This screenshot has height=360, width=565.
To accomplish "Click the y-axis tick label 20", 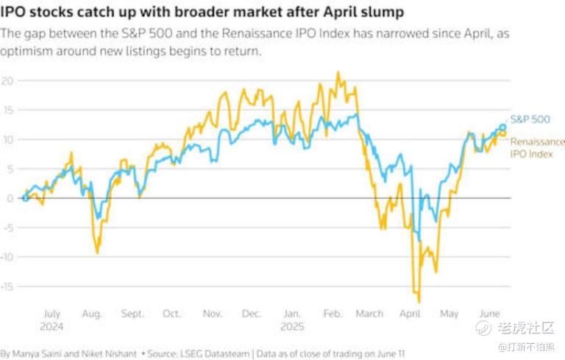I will point(7,80).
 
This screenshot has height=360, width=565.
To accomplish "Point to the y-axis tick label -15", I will point(7,286).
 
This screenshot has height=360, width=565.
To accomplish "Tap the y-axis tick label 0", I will point(10,198).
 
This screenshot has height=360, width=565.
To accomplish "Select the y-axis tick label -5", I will point(7,227).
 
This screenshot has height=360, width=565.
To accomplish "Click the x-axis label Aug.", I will point(91,314).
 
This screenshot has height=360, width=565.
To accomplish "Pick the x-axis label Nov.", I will point(212,314).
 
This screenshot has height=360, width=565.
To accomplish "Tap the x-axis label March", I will point(369,314).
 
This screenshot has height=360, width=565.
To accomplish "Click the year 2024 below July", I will point(53,326).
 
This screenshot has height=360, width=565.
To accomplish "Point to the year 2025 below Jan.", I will point(292,326).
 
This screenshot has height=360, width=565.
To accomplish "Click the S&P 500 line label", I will point(530,119).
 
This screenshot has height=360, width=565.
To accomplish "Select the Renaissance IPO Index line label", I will point(537,141).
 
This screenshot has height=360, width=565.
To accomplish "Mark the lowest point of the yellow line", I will point(419,301).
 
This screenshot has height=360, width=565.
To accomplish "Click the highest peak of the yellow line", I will point(338,72).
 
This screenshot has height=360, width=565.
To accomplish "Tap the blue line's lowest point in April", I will point(419,241).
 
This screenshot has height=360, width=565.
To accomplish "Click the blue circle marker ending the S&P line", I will point(503,127).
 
